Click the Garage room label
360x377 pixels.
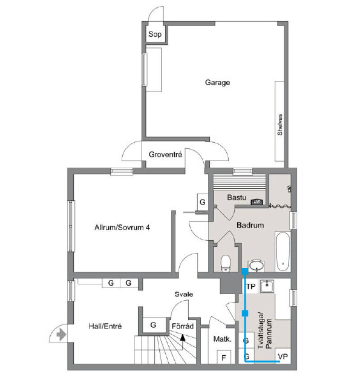pos(217,82)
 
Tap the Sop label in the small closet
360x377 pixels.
pos(155,34)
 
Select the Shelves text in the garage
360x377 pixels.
pos(280,125)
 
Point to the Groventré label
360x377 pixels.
pos(165,154)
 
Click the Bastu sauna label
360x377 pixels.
pos(237,197)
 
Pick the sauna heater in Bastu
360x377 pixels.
pos(257,202)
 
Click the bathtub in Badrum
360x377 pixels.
pos(283,252)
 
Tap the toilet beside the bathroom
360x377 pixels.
pos(226,263)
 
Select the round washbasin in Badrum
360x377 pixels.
pos(257,266)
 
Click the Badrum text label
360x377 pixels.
pos(250,225)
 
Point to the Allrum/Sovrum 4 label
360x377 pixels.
pos(122,227)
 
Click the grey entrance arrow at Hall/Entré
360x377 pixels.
pos(61,335)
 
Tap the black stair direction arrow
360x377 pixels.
pos(183,338)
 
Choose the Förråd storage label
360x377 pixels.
pos(183,326)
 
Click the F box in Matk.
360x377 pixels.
pos(224,358)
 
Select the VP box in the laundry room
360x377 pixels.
pos(283,356)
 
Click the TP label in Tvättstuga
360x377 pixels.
pos(251,286)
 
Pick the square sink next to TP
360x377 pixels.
pos(266,286)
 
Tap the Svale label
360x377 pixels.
pos(184,294)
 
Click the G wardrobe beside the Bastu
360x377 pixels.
pos(203,202)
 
